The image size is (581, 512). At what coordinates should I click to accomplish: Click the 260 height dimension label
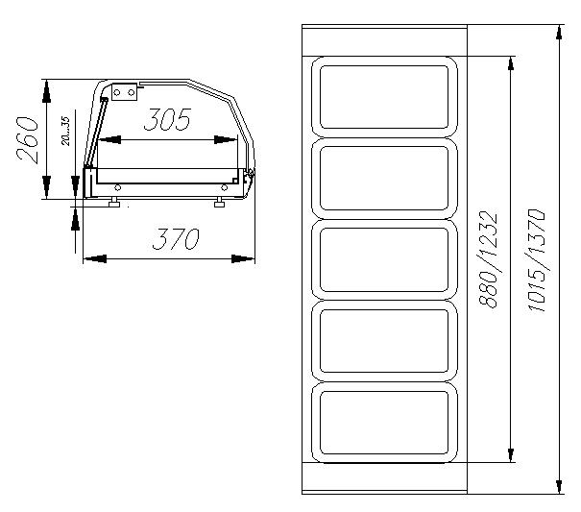(x=28, y=140)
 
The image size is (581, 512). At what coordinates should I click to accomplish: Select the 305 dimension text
(x=167, y=120)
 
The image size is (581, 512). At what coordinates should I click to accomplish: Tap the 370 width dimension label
(x=176, y=238)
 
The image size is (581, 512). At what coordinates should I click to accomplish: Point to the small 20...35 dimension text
(x=65, y=131)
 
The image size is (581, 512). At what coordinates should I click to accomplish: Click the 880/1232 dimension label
(x=488, y=259)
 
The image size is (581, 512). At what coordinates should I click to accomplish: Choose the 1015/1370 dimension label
(x=537, y=261)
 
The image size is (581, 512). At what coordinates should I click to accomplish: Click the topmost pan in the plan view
(x=385, y=97)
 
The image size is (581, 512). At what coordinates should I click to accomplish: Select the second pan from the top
(x=385, y=179)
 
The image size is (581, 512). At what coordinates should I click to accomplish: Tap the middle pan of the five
(x=385, y=260)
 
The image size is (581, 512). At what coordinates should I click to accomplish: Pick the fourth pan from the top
(x=385, y=341)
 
